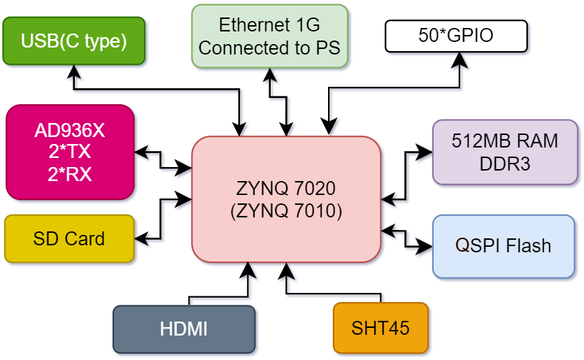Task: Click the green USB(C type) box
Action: [x=74, y=41]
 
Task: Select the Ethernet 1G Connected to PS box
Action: [x=269, y=36]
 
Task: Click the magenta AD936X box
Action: [x=70, y=152]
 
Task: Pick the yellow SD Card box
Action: [x=69, y=238]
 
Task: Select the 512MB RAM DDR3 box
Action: [x=505, y=152]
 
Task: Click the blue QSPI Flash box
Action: [x=504, y=245]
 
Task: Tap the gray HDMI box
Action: [x=184, y=329]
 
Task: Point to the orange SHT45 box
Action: [x=380, y=327]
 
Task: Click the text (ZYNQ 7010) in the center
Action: [x=286, y=210]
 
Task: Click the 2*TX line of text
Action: [x=70, y=152]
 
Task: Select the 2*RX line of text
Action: [x=70, y=173]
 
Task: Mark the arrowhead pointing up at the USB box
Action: [x=74, y=70]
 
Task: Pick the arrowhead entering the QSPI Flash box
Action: [x=425, y=245]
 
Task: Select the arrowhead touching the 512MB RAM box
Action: [x=425, y=150]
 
